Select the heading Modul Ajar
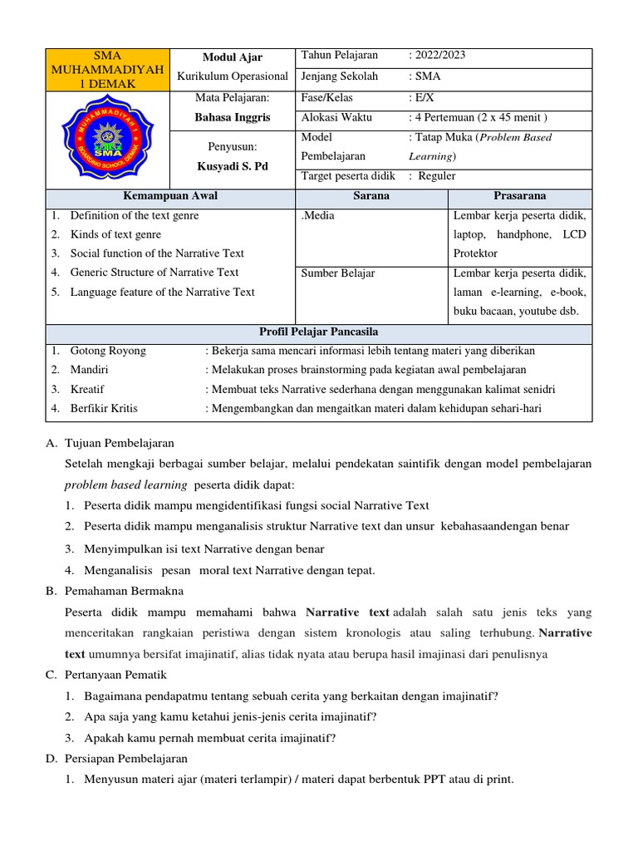[233, 57]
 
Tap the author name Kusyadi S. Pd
[233, 166]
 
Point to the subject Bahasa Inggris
[233, 117]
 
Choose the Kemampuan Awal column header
[170, 196]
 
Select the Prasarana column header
[520, 196]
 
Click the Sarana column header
[371, 196]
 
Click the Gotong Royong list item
[108, 351]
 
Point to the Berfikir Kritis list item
[104, 408]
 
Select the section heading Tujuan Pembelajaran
[121, 443]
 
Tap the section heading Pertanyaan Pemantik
[120, 675]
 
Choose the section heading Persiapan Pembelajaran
[128, 758]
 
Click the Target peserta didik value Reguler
[436, 176]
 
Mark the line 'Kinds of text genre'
[115, 234]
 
